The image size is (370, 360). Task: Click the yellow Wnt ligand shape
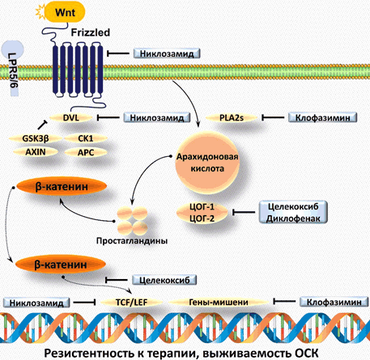65,13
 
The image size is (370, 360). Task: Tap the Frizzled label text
91,32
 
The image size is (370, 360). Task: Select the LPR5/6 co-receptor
13,68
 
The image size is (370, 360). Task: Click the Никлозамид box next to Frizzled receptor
167,53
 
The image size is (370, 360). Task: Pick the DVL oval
71,118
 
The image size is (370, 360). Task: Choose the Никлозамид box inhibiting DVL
157,118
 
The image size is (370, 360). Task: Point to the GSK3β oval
36,138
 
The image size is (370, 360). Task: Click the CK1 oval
86,138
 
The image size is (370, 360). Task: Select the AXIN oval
36,152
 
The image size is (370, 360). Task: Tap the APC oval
86,152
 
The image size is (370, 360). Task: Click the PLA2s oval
232,118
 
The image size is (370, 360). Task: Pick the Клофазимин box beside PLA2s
323,118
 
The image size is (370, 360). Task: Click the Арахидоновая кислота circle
207,163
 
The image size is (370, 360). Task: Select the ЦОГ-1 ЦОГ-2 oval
202,213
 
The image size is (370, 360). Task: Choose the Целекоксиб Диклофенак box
293,212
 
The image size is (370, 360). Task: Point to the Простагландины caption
132,240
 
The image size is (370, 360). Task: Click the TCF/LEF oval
132,303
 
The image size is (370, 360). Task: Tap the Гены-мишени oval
219,303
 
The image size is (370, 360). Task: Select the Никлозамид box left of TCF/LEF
36,303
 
